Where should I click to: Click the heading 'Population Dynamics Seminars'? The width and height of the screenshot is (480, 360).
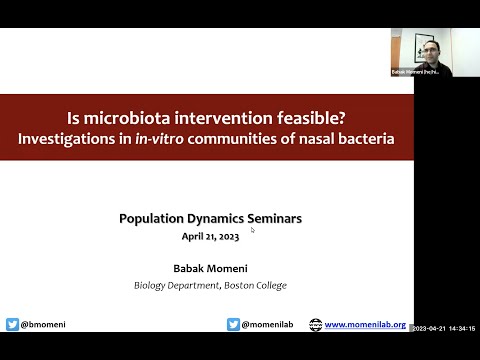[210, 218]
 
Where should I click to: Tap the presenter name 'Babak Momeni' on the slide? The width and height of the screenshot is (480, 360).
[210, 268]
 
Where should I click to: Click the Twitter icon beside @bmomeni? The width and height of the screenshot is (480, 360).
[12, 324]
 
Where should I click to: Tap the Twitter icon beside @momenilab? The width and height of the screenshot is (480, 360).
[233, 324]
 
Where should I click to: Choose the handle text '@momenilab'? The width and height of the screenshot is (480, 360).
[267, 324]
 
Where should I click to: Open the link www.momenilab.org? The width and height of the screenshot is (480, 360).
[365, 324]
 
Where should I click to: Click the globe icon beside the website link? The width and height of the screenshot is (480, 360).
[316, 324]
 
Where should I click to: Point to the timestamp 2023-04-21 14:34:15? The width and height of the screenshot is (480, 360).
[446, 328]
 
